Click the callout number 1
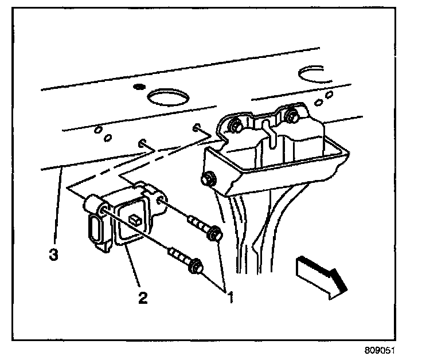(x=231, y=298)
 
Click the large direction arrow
(x=320, y=276)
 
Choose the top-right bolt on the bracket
(x=291, y=117)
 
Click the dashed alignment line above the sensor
(x=131, y=166)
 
